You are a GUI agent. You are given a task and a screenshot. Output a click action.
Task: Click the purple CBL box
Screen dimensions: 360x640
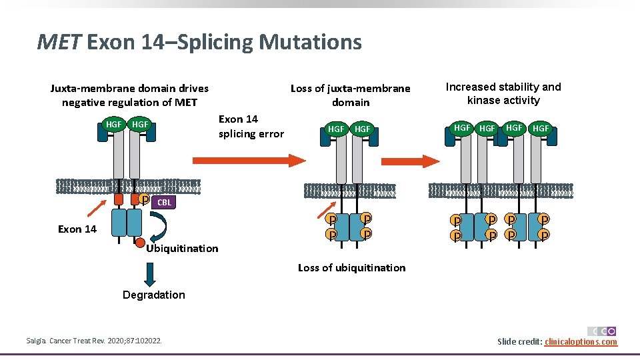pyautogui.click(x=164, y=202)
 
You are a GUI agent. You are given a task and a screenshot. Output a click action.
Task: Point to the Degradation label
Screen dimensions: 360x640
pyautogui.click(x=154, y=295)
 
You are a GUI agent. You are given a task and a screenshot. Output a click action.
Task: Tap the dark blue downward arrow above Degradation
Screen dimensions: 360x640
pyautogui.click(x=149, y=273)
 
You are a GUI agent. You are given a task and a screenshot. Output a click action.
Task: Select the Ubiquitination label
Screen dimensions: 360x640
pyautogui.click(x=182, y=249)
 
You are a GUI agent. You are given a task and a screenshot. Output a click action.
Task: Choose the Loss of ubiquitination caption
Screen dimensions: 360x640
pyautogui.click(x=351, y=268)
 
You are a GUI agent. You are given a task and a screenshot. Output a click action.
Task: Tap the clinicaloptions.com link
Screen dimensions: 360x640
pyautogui.click(x=581, y=342)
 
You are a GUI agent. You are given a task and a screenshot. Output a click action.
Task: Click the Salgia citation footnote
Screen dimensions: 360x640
pyautogui.click(x=94, y=342)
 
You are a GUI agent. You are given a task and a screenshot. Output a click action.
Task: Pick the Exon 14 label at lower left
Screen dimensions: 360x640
pyautogui.click(x=77, y=229)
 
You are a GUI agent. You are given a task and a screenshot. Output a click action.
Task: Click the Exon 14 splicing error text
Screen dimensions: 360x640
pyautogui.click(x=251, y=126)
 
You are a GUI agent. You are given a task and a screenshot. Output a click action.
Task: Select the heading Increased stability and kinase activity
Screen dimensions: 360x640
pyautogui.click(x=503, y=93)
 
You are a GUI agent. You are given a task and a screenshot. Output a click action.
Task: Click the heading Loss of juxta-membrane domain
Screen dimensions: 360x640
pyautogui.click(x=351, y=95)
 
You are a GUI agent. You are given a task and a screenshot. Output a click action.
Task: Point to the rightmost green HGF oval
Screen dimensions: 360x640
pyautogui.click(x=541, y=127)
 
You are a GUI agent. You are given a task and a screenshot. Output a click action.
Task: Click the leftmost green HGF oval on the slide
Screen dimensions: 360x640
pyautogui.click(x=114, y=124)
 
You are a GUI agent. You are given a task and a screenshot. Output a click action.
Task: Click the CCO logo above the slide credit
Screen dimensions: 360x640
pyautogui.click(x=601, y=331)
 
